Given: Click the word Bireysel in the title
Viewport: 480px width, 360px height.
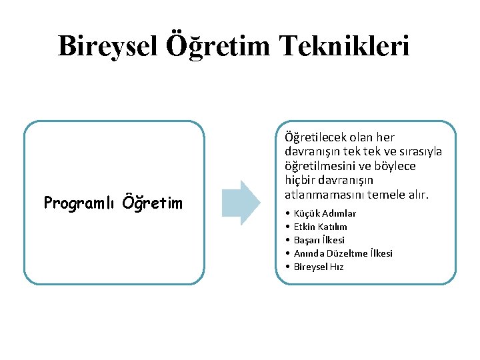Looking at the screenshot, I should (x=106, y=46).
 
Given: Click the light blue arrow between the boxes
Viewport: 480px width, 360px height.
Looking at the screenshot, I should (x=240, y=202).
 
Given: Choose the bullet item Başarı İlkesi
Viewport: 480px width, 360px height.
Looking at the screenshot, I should (x=319, y=240).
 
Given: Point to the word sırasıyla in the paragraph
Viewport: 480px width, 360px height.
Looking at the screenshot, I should (x=420, y=152).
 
